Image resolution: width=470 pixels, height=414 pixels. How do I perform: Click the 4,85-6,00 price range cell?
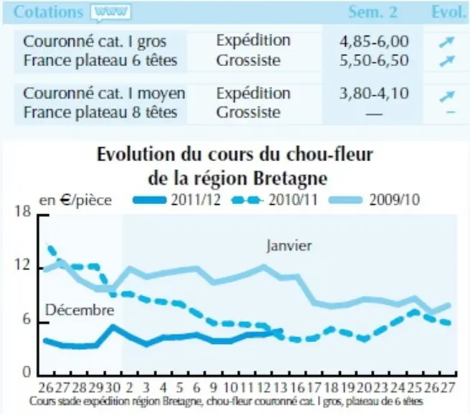pos(374,41)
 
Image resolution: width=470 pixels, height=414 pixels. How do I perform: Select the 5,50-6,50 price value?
pos(374,60)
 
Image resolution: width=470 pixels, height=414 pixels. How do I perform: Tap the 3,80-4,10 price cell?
pos(374,93)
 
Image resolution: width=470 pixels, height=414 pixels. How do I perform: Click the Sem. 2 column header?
pos(372,12)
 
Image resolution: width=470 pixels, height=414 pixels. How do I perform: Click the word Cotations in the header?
pos(48,12)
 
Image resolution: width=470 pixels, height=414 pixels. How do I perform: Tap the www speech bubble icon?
pos(111,13)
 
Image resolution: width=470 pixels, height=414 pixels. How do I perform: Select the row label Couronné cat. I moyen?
pos(104,93)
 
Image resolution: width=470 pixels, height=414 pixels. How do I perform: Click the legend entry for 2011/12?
pos(177,200)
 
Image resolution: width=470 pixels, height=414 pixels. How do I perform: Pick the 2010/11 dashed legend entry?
pos(275,200)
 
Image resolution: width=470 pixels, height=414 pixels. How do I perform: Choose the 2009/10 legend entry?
pos(375,200)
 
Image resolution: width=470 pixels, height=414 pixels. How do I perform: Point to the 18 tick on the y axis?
pos(23,211)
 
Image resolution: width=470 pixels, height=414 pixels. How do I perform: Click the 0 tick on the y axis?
pos(27,372)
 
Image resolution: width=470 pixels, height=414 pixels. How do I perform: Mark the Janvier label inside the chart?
pos(289,246)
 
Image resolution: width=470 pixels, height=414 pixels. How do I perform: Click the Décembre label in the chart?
pos(80,310)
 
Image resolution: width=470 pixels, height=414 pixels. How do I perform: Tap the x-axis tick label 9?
pos(213,388)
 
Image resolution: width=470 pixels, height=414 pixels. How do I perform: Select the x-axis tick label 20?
pos(364,388)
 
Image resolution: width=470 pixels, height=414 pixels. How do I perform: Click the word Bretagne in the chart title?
pos(290,179)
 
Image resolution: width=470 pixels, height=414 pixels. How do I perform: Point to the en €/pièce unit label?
pos(75,201)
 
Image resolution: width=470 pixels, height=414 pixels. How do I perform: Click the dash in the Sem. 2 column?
pos(374,114)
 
